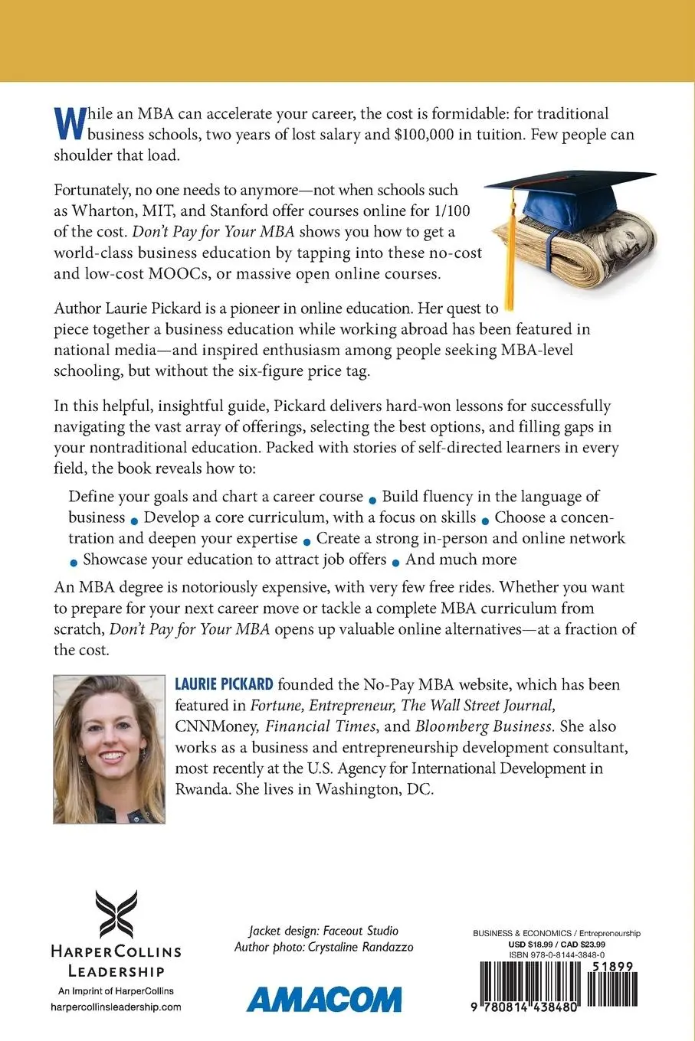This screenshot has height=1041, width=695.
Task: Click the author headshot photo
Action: click(x=109, y=749)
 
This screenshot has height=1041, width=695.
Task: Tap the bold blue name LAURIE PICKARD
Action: click(x=225, y=684)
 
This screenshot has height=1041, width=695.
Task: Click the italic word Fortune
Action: click(x=277, y=705)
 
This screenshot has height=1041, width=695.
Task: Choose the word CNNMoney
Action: click(x=216, y=726)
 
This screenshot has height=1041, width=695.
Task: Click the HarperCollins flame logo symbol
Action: click(x=116, y=914)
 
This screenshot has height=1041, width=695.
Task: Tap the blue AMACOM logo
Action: click(x=323, y=999)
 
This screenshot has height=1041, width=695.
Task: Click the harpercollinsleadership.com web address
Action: click(x=116, y=1007)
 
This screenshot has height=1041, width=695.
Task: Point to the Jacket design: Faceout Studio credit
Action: click(x=323, y=931)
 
